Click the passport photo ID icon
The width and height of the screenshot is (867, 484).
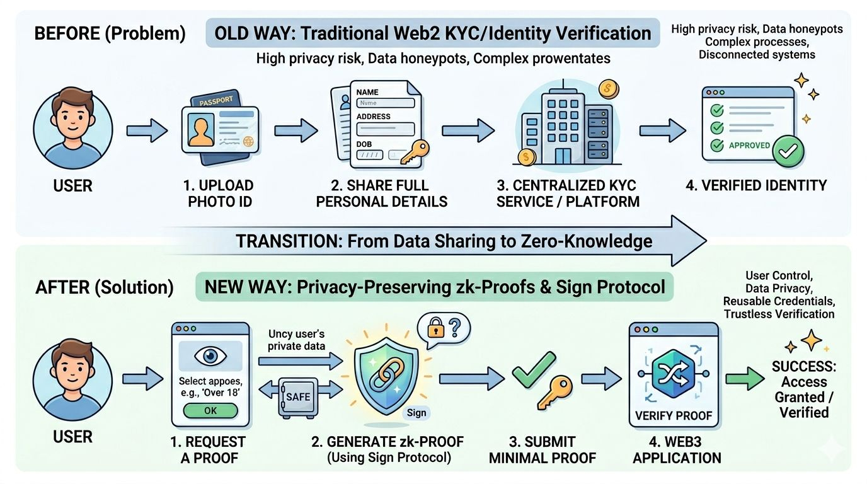click(219, 129)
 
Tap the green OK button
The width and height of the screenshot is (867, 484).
click(210, 411)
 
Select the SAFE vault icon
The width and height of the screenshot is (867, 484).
click(298, 398)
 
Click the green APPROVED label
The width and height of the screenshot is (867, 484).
click(749, 145)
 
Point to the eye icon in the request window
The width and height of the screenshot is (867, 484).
click(210, 356)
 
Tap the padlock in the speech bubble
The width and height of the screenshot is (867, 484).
click(435, 328)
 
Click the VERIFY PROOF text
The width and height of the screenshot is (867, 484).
click(674, 415)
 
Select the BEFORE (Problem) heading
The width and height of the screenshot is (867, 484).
click(110, 34)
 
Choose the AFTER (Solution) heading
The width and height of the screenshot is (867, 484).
click(105, 287)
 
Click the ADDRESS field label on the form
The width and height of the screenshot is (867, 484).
click(374, 117)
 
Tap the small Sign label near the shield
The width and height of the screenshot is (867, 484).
click(416, 413)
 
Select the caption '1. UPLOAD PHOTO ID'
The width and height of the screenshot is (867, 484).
click(218, 193)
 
